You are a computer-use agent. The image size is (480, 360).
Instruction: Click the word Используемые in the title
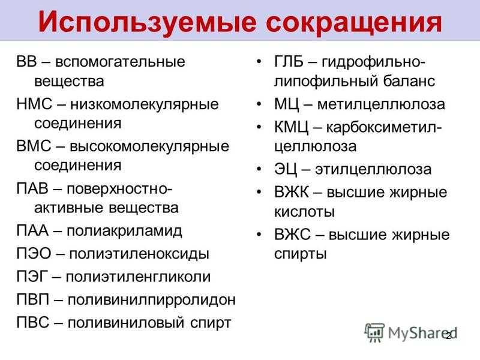pos(147,23)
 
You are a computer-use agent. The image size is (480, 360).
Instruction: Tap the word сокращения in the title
pos(354,23)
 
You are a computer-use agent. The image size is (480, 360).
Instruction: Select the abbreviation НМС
pos(34,104)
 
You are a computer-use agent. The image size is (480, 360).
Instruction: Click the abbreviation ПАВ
pos(32,188)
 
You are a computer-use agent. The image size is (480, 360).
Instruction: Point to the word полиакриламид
pos(124,231)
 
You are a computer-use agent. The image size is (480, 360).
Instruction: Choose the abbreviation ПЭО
pos(34,253)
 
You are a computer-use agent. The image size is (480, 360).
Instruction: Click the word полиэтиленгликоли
pos(139,277)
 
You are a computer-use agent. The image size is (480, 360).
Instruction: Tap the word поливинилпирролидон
pos(152,300)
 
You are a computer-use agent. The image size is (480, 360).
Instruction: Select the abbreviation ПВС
pos(33,322)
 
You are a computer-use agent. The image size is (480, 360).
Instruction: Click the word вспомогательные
pos(120,62)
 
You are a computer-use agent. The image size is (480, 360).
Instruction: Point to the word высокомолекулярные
pos(149,146)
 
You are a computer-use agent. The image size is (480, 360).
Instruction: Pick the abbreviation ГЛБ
pos(289,62)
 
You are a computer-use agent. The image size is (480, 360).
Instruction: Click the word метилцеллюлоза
pos(381,104)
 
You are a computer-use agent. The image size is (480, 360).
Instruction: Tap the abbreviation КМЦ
pos(292,127)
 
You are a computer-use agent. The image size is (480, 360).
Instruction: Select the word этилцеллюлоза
pos(373,169)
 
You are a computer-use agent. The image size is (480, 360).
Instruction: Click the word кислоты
pos(304,212)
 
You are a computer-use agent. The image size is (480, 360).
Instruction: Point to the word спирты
pos(301,254)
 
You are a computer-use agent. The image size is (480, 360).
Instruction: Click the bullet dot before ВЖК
pos(259,192)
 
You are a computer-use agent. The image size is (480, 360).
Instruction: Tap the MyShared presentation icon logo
pos(374,332)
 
